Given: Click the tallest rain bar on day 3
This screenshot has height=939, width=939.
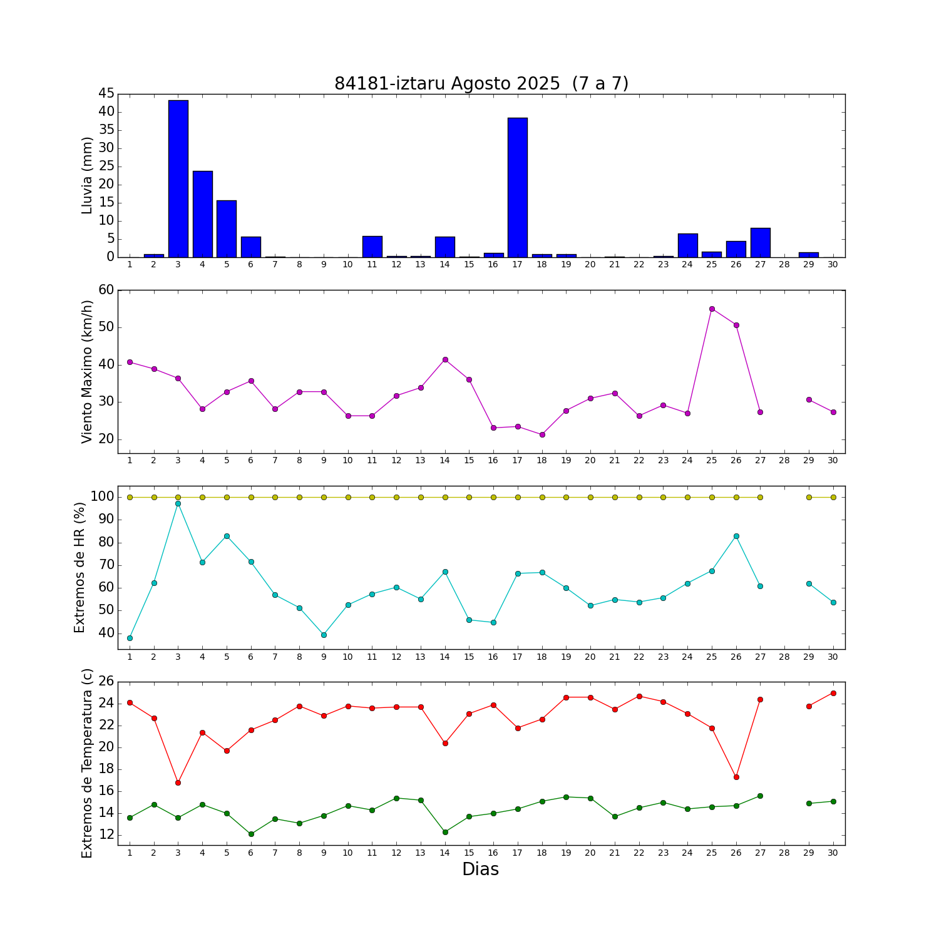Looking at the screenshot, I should [x=178, y=178].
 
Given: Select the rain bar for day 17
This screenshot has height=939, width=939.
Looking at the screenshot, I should [x=518, y=188].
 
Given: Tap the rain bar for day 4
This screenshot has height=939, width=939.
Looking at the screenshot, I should [x=203, y=214].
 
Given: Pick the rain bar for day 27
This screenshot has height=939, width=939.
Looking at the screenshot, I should [x=761, y=243].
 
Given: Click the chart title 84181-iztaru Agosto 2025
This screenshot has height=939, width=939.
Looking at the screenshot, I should [x=481, y=84].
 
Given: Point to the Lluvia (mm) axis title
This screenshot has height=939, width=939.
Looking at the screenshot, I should [x=88, y=175].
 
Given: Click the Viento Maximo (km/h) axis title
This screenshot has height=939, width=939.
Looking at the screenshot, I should [x=88, y=372].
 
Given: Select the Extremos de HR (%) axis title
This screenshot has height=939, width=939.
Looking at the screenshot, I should [x=80, y=567].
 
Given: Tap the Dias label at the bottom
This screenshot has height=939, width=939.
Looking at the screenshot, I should [x=480, y=870].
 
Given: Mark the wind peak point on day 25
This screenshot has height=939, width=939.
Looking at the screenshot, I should [x=712, y=309].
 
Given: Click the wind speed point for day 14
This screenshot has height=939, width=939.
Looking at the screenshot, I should [x=445, y=359].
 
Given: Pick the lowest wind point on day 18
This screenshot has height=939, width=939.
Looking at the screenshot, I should [x=542, y=434].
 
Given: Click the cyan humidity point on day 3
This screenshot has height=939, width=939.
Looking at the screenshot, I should [x=178, y=503].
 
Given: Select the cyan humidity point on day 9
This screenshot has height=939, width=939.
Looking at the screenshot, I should [x=324, y=635].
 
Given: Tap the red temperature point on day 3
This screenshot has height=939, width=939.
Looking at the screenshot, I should [x=178, y=782].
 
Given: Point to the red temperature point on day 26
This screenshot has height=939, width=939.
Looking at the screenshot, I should [x=736, y=777].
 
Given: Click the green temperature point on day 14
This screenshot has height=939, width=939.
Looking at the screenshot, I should [x=445, y=832].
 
